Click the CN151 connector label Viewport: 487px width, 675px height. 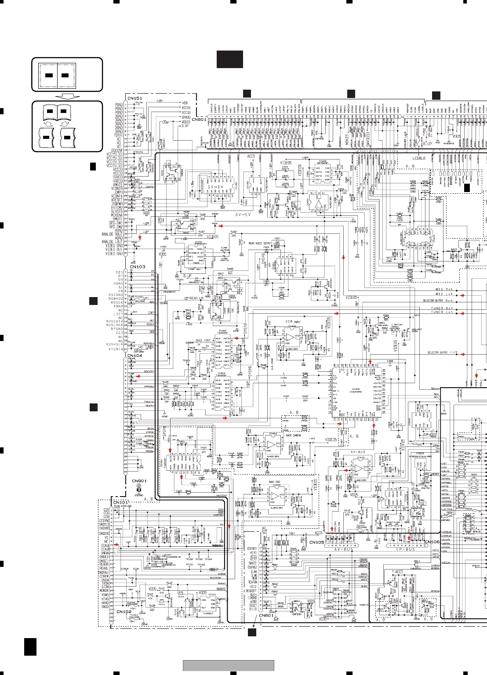pos(134,98)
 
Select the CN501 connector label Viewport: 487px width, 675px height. pos(199,120)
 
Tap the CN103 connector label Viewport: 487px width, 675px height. pos(137,267)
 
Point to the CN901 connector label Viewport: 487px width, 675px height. pos(139,481)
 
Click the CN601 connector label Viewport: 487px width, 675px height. pos(266,615)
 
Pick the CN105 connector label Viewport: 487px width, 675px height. pos(316,542)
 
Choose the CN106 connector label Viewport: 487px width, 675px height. pos(432,542)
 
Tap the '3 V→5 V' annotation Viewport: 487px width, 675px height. pos(243,215)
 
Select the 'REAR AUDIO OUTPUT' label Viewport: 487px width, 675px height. pos(260,243)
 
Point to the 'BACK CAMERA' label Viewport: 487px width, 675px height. pos(293,435)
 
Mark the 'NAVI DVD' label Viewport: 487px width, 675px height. pos(275,482)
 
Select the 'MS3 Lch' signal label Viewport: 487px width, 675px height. pos(444,294)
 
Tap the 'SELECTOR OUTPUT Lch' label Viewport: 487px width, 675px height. pos(442,352)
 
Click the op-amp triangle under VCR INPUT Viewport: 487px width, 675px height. pos(290,338)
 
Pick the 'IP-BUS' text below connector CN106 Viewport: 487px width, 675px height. pos(406,549)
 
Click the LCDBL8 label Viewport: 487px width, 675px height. pos(419,158)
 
